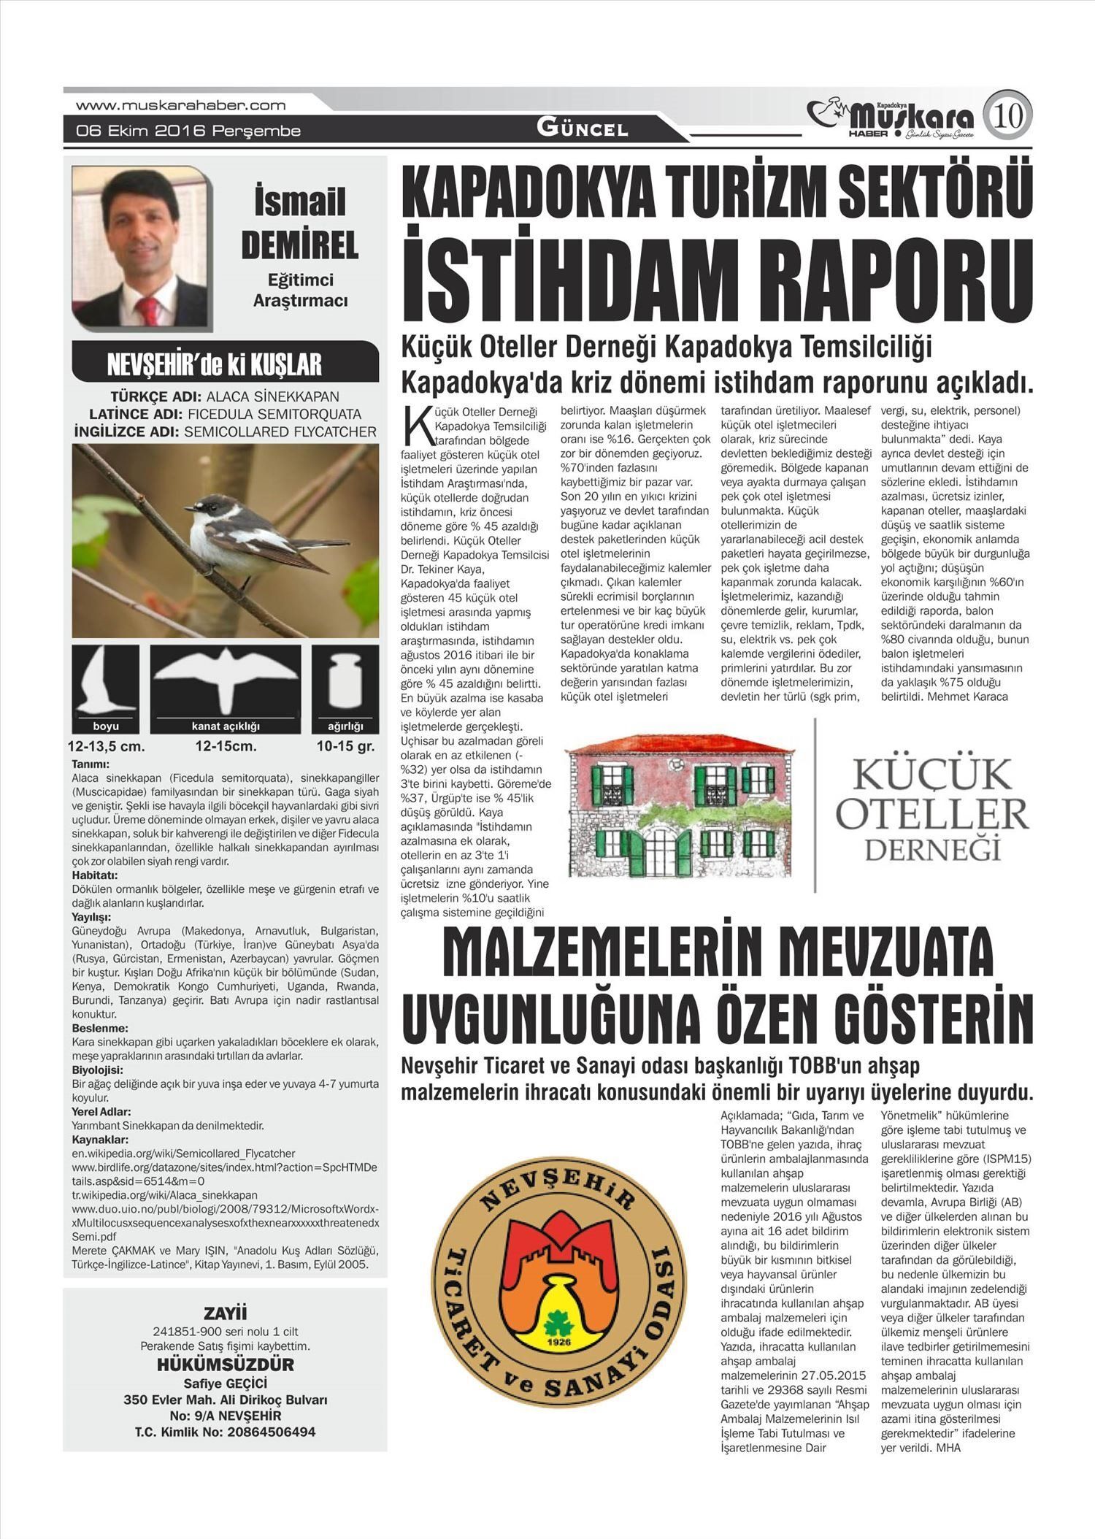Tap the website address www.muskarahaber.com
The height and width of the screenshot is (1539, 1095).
pos(180,105)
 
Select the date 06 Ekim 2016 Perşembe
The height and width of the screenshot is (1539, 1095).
pos(188,131)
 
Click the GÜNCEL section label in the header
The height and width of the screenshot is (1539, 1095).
pos(583,129)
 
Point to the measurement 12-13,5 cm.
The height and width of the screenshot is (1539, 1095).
pos(107,746)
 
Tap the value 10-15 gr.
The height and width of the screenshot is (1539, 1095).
pos(345,746)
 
